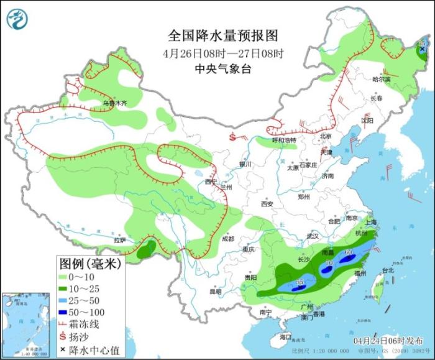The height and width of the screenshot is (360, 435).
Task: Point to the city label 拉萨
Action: pyautogui.click(x=120, y=240)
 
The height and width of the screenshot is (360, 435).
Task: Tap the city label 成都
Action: pyautogui.click(x=227, y=239)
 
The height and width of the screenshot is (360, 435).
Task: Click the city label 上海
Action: pyautogui.click(x=372, y=222)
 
